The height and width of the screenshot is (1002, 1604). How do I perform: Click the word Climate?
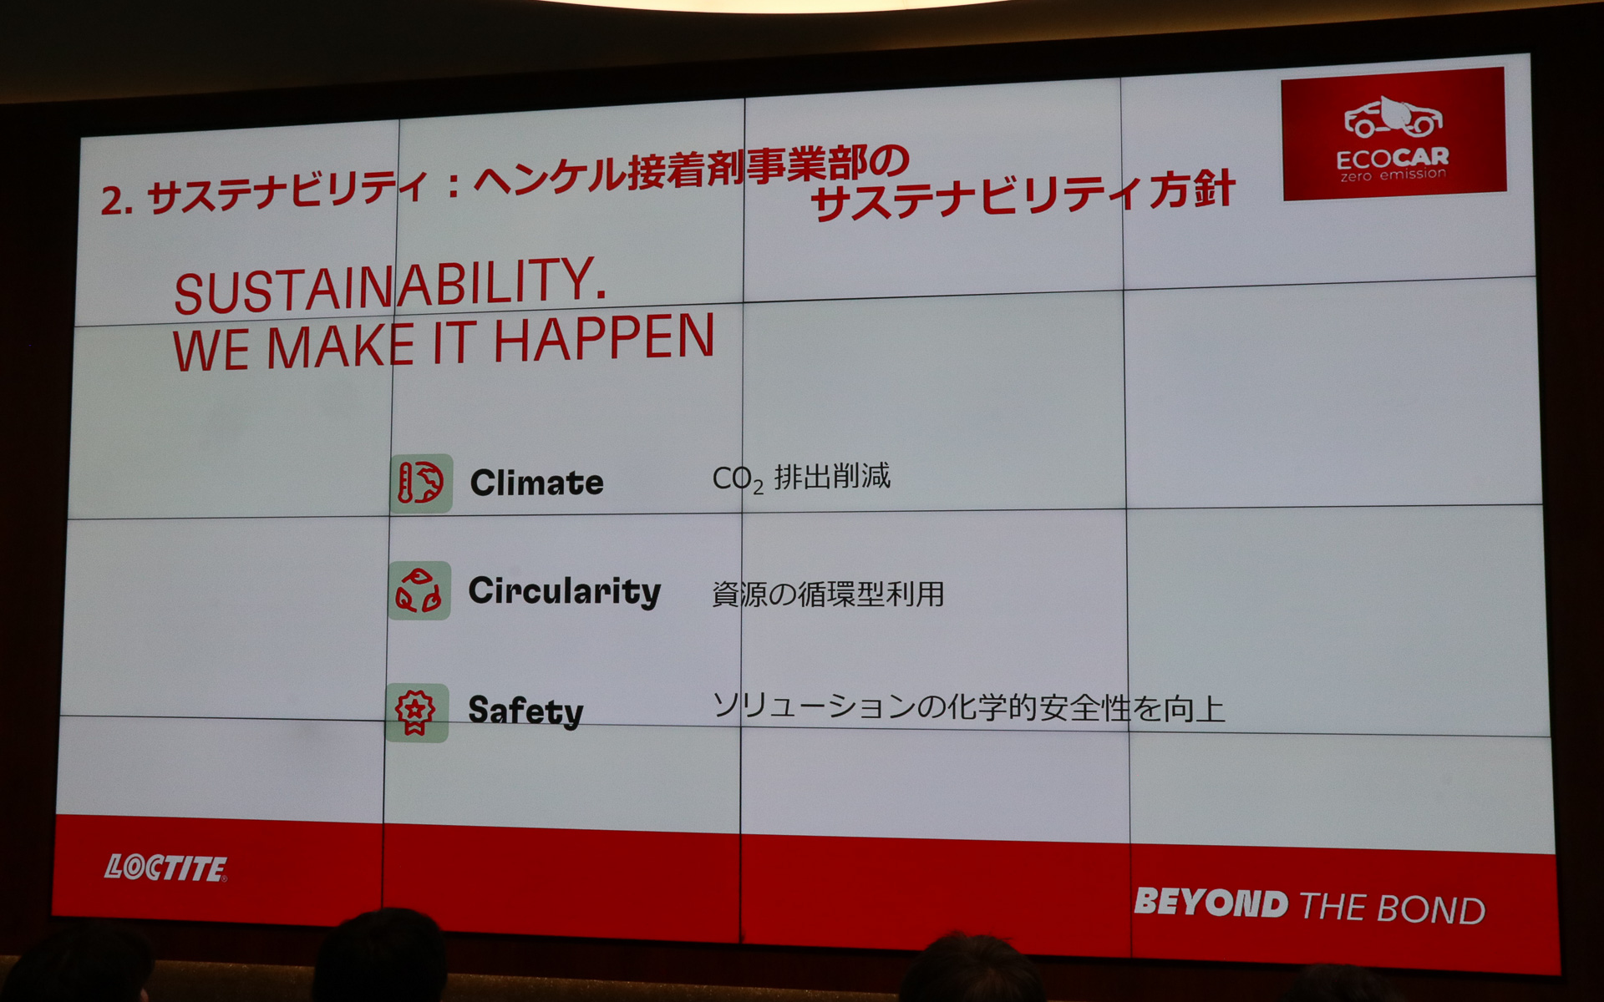(x=536, y=483)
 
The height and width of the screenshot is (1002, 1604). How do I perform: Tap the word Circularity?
(x=564, y=591)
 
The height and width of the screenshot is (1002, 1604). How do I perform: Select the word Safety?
(x=525, y=711)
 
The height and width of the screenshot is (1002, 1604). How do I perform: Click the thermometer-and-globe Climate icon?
(x=421, y=483)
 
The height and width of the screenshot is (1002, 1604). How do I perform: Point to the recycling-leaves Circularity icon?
(x=419, y=590)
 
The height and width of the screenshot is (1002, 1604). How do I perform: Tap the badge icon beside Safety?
(x=416, y=712)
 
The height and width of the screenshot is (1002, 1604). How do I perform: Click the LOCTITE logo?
(x=165, y=868)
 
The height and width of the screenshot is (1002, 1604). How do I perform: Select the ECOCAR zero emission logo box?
(x=1393, y=134)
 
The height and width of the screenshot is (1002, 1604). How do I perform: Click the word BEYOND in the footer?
(x=1211, y=903)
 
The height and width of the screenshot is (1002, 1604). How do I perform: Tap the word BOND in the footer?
(x=1431, y=910)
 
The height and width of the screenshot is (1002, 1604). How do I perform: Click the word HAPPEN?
(x=604, y=338)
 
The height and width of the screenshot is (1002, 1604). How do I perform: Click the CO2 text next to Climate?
(x=738, y=479)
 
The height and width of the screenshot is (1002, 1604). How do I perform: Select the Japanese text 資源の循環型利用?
(x=828, y=594)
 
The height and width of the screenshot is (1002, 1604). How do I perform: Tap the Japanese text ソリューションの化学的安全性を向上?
(x=968, y=708)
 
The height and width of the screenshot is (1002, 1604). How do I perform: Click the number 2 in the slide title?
(x=111, y=201)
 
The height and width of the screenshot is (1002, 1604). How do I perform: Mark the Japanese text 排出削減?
(x=832, y=476)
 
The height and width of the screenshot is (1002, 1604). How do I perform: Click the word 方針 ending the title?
(x=1192, y=191)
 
